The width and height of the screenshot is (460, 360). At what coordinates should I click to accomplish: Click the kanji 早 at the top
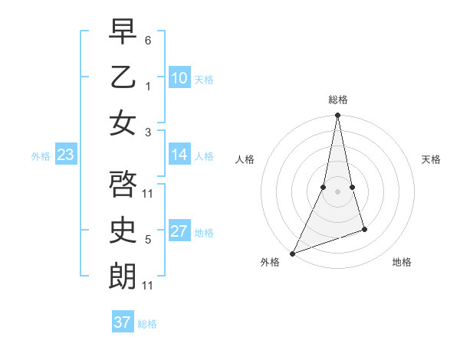pos(123,31)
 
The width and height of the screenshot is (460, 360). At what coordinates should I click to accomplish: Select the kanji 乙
pos(123,77)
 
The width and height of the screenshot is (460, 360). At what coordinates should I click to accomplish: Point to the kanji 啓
pos(123,184)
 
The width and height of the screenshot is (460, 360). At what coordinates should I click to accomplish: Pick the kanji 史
pos(123,231)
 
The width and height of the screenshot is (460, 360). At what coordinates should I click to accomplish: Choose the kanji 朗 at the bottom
pos(123,277)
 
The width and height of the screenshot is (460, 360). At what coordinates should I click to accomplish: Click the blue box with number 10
pos(179,78)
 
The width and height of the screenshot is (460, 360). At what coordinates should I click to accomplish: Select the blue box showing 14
pos(179,155)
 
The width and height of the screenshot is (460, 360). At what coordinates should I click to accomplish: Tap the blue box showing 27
pos(179,231)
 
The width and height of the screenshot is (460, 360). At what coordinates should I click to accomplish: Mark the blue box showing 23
pos(65,155)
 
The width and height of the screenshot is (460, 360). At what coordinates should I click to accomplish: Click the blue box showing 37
pos(123,322)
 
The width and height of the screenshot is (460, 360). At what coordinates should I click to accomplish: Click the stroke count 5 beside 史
pos(148,240)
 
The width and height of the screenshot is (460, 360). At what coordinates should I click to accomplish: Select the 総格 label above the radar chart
pos(337,100)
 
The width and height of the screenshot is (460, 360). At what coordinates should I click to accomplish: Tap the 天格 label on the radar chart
pos(432,159)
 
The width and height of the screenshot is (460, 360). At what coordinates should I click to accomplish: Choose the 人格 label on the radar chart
pos(245,159)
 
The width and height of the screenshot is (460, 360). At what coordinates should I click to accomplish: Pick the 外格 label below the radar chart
pos(270,262)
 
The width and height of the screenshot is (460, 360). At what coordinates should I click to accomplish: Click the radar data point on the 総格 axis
pos(337,116)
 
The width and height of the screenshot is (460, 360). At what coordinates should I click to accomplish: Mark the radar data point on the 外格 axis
pos(292,254)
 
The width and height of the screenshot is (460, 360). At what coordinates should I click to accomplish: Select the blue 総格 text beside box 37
pos(147,324)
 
